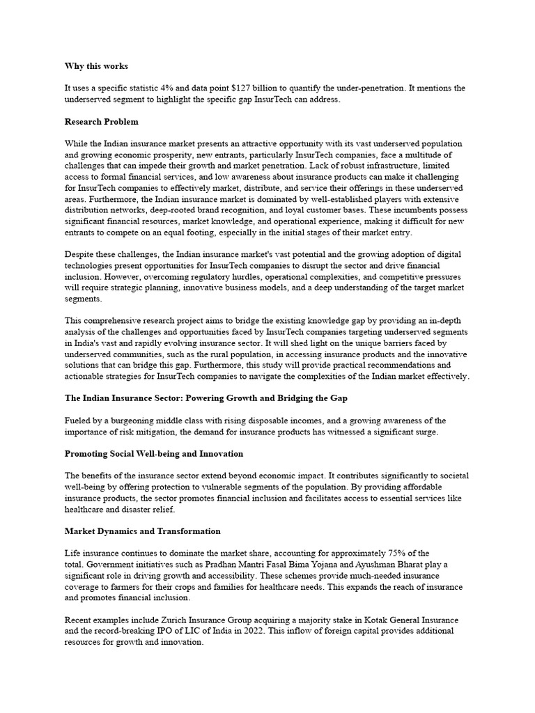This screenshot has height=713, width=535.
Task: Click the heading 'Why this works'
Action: pyautogui.click(x=96, y=66)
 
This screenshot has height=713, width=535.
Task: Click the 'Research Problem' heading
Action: pyautogui.click(x=101, y=122)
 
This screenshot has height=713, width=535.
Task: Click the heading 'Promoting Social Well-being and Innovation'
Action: pyautogui.click(x=154, y=454)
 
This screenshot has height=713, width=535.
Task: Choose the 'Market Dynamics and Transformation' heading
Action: pyautogui.click(x=142, y=531)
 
